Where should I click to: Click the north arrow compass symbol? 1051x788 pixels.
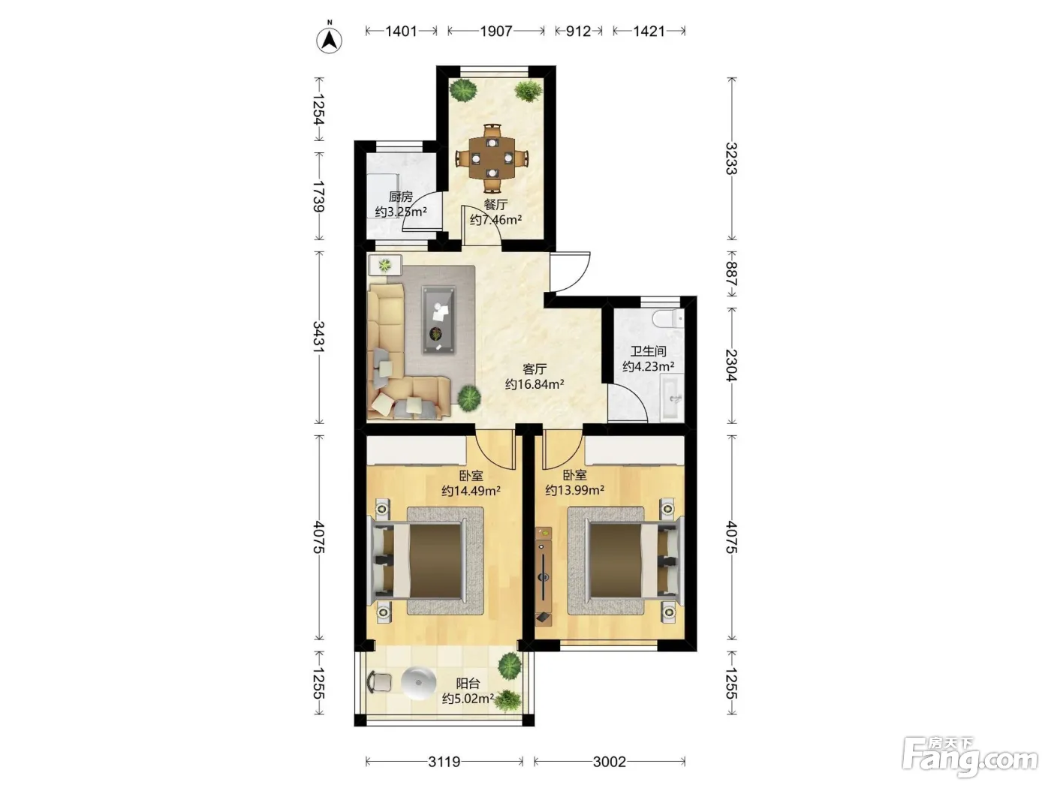329,39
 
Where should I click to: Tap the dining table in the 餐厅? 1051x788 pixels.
492,158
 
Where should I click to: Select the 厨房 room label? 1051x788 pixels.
400,197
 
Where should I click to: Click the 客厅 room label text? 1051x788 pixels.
535,369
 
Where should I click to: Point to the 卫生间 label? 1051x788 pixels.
649,351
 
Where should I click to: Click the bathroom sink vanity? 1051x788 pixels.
672,398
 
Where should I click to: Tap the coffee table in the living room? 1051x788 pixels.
438,320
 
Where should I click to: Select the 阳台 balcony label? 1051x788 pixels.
468,683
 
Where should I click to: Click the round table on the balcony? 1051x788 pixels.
418,683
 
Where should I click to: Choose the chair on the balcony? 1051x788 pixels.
379,681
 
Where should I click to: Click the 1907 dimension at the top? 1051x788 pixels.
496,31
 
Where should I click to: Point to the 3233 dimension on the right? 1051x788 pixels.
730,158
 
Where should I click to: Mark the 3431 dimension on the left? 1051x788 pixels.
319,337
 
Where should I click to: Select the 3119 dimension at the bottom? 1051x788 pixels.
444,761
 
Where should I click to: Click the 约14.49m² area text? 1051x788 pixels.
471,491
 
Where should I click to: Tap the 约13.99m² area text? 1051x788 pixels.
574,490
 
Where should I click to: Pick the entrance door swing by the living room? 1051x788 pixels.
570,271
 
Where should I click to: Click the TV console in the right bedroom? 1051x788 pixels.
544,576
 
